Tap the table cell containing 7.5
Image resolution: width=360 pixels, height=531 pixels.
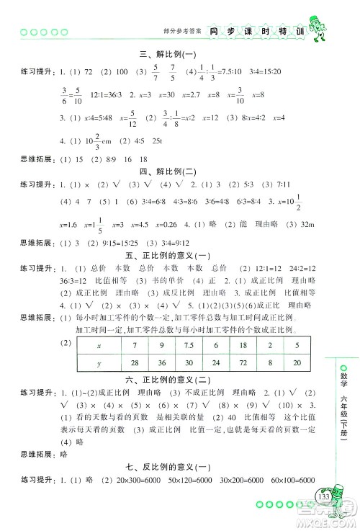pos(189,345)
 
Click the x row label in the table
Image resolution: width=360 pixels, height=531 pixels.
pos(99,345)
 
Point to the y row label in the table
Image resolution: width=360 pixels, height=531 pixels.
pos(99,362)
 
